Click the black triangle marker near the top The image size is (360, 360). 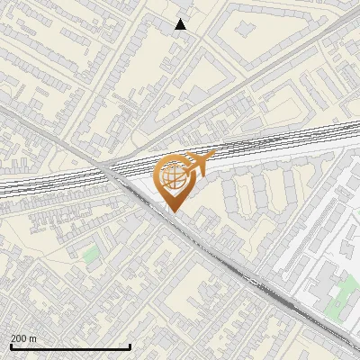(x=181, y=24)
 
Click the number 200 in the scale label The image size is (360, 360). (x=20, y=338)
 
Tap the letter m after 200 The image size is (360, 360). (x=34, y=338)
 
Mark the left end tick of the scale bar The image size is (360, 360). (x=11, y=346)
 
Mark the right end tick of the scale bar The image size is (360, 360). (x=130, y=346)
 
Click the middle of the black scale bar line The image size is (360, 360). (x=70, y=347)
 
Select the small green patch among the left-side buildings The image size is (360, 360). (x=90, y=256)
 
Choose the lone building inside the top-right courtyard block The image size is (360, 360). (x=245, y=28)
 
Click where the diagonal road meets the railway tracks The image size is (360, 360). (x=112, y=171)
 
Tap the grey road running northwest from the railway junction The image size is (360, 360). (x=45, y=126)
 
